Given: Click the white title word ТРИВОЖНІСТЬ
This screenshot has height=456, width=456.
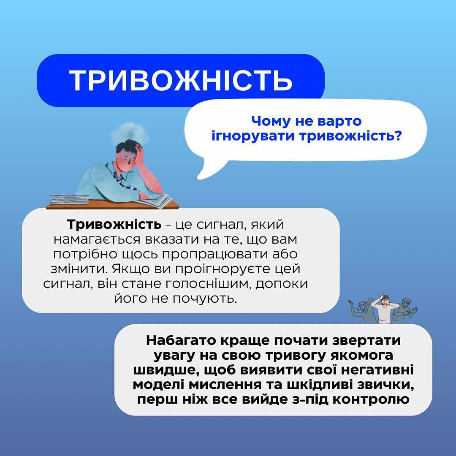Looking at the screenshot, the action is (x=180, y=81).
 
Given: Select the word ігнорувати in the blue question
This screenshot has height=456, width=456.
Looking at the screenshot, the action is (x=253, y=136).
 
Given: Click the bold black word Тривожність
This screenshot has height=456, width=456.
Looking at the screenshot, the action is (x=114, y=225).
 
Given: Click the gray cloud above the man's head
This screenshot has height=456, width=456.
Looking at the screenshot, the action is (x=130, y=133).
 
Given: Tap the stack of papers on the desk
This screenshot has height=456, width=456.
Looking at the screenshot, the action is (x=69, y=199).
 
